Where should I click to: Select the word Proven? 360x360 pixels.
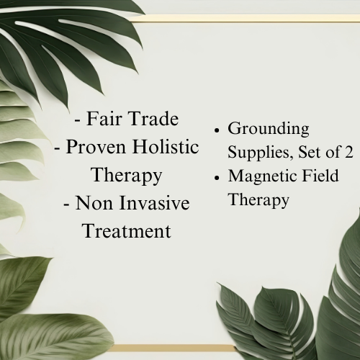coord(96,147)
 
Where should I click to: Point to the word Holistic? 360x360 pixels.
coord(166,146)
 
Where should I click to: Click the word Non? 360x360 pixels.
coord(94,203)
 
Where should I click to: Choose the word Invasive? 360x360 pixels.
coord(154,203)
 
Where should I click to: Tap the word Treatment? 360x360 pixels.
coord(127,230)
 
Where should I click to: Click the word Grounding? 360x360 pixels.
coord(269,130)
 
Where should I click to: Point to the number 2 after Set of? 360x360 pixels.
coord(348,152)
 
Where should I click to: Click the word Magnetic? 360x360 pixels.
coord(262,176)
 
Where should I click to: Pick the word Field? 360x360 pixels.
coord(320,176)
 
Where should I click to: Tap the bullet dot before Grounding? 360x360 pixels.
coord(217,131)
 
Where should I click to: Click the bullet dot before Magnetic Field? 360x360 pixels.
coord(217,178)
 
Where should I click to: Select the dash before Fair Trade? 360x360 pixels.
coord(78,120)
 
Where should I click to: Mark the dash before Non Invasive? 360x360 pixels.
coord(67,204)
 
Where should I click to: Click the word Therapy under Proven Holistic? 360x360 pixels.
coord(127,176)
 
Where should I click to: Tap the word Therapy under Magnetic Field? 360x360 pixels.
coord(259,200)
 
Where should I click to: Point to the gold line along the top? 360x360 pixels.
coord(245,18)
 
